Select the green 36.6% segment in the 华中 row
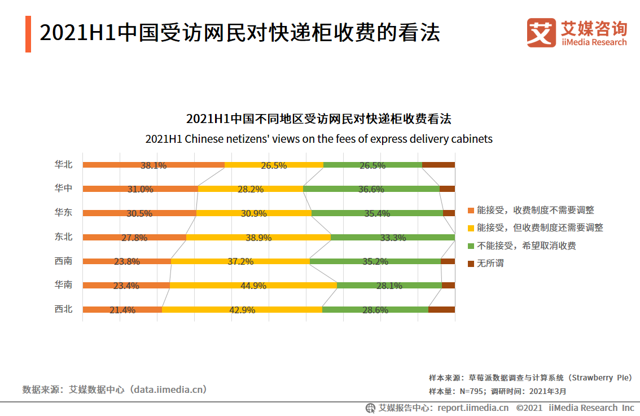(x=371, y=189)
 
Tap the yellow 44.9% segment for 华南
(x=253, y=286)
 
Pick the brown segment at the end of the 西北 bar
(x=441, y=309)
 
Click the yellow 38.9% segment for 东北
(x=258, y=238)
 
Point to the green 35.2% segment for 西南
(x=375, y=261)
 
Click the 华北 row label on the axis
(x=63, y=165)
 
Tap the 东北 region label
(x=63, y=237)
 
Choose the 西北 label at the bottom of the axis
(x=63, y=309)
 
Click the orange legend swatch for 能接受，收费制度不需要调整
(x=471, y=211)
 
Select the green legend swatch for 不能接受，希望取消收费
(x=471, y=246)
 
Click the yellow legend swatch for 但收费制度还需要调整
(x=471, y=228)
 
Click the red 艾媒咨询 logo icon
(x=541, y=33)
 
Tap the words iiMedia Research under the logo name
(x=594, y=42)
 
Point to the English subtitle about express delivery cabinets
(x=319, y=139)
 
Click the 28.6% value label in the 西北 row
(x=375, y=310)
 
